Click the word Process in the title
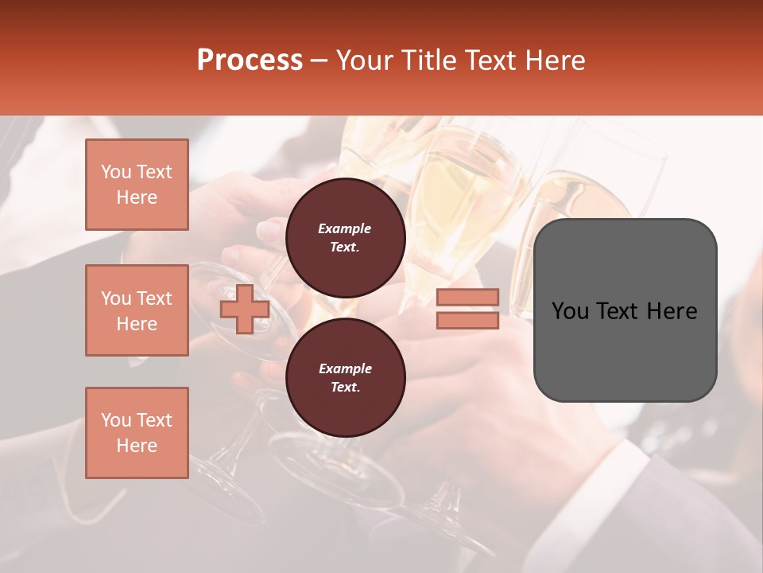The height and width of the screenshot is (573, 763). coord(250,60)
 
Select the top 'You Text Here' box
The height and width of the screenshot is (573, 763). coord(137,185)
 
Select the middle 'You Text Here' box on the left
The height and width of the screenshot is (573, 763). coord(137,310)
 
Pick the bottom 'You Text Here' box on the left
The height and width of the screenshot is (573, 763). coord(137,433)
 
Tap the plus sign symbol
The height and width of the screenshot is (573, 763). coord(245,309)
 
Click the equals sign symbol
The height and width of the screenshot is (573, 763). coord(467,309)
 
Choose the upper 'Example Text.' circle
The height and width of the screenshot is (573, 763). coord(345,238)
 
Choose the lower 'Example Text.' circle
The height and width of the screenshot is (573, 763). coord(345,378)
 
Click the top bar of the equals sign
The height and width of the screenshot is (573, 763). coord(467,298)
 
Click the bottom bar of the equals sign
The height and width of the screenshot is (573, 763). coord(467,320)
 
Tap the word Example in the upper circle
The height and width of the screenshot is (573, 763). coord(345,229)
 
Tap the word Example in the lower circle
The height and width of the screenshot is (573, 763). coord(345,369)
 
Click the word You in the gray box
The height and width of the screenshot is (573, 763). coord(570,311)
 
